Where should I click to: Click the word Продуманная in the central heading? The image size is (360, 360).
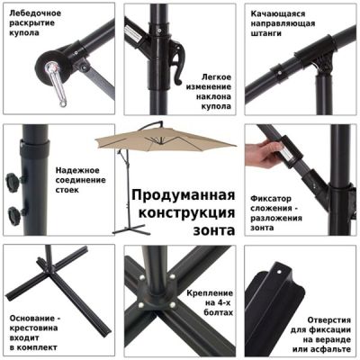pos(183,195)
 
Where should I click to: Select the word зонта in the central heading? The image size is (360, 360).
pos(214,231)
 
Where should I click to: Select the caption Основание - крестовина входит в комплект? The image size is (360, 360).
pos(36,332)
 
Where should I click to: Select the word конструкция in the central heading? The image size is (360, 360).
pos(183,213)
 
